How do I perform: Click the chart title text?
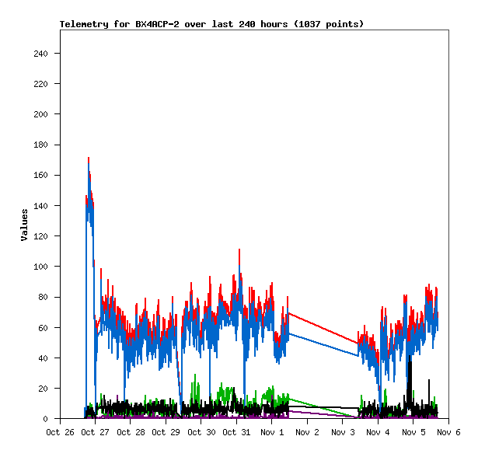[x=211, y=24]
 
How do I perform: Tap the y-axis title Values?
[x=24, y=225]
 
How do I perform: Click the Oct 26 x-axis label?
[x=60, y=432]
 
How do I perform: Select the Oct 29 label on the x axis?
[x=165, y=432]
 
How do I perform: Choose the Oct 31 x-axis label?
[x=236, y=432]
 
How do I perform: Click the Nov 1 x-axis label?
[x=272, y=432]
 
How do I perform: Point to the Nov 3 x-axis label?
[x=342, y=432]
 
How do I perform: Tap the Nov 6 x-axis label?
[x=448, y=432]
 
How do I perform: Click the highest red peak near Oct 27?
[x=89, y=159]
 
